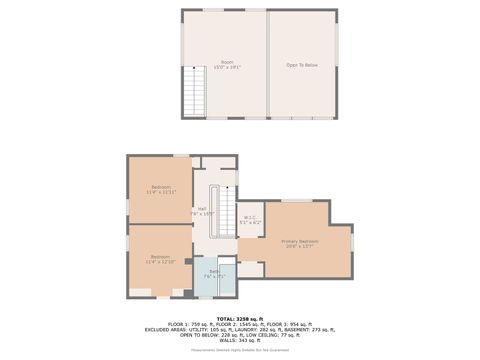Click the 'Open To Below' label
click(x=302, y=65)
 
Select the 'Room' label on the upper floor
click(x=227, y=62)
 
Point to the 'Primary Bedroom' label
click(x=300, y=241)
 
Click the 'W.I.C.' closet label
click(x=251, y=217)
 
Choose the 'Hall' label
click(x=202, y=208)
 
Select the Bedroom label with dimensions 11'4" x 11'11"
click(x=161, y=188)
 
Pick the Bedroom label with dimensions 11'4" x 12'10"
click(x=161, y=257)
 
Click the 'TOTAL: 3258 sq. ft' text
click(x=240, y=318)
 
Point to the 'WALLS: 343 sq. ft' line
click(x=240, y=340)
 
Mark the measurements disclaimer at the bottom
click(x=240, y=350)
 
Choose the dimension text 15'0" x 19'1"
click(x=227, y=68)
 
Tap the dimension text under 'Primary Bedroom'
click(x=300, y=247)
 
